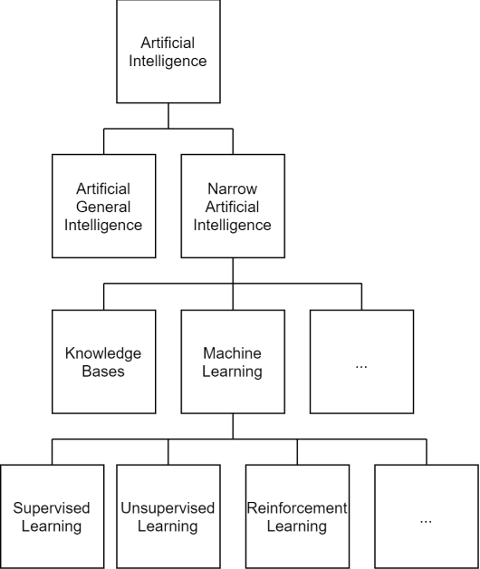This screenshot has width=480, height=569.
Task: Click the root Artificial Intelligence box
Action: (x=168, y=52)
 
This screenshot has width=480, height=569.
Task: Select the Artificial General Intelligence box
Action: (x=103, y=207)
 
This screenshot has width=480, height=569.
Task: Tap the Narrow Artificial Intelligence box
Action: (x=233, y=207)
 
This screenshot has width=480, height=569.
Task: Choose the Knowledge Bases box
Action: (x=103, y=362)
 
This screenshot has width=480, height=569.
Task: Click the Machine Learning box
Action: (x=233, y=362)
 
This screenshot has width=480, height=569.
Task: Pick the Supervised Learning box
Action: (x=52, y=516)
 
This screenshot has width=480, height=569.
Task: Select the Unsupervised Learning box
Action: (x=168, y=516)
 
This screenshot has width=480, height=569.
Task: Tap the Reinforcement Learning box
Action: (x=297, y=516)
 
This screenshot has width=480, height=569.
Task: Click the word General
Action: (x=103, y=207)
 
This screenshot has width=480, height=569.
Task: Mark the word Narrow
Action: (x=233, y=188)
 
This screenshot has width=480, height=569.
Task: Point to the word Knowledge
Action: (x=103, y=353)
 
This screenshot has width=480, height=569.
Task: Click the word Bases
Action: (x=103, y=371)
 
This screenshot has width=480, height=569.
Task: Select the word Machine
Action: (x=233, y=353)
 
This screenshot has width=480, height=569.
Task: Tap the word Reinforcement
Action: (x=297, y=508)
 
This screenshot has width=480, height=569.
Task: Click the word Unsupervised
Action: (x=168, y=508)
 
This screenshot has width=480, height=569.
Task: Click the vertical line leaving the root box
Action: (x=168, y=115)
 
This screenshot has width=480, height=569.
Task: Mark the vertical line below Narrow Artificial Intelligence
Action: (x=233, y=270)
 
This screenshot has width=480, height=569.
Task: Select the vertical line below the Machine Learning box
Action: (x=233, y=426)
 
